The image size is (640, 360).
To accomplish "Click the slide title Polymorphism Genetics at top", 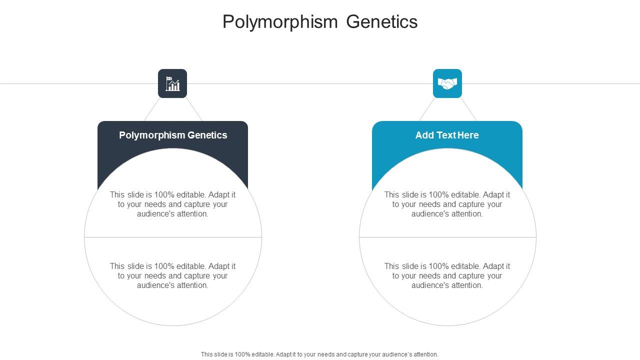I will click(x=320, y=22).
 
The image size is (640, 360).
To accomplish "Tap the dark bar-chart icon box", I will click(x=172, y=83).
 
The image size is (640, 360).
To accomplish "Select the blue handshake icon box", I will click(x=447, y=83).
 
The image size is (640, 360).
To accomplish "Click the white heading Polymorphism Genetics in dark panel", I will click(x=173, y=135).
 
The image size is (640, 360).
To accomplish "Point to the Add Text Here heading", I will click(x=447, y=135).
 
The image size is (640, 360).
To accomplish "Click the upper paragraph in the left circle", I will click(x=172, y=204).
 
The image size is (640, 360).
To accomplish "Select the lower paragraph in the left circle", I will click(x=172, y=275).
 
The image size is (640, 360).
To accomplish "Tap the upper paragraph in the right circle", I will click(x=447, y=204).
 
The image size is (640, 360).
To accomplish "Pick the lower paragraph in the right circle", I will click(x=447, y=275).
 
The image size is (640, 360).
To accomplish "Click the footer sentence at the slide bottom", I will click(x=319, y=354).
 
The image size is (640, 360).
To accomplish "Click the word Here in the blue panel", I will click(x=468, y=135).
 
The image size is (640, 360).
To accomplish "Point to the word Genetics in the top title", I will click(x=382, y=22).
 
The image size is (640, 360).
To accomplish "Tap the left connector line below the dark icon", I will click(x=152, y=109).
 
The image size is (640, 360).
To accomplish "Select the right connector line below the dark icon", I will click(x=194, y=109).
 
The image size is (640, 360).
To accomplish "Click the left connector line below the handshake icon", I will click(x=427, y=109).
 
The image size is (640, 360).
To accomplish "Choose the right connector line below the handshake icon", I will click(x=468, y=109).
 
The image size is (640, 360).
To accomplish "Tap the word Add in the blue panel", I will click(x=424, y=135).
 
